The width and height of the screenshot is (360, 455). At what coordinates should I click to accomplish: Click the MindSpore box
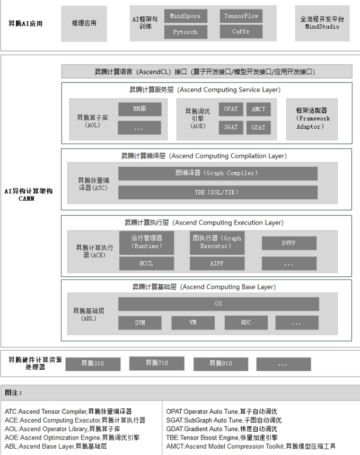pyautogui.click(x=186, y=16)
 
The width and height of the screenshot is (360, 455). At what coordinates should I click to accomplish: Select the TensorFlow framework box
pyautogui.click(x=241, y=16)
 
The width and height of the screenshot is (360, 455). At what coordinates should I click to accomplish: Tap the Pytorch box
pyautogui.click(x=186, y=32)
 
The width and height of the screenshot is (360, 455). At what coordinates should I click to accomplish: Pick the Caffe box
pyautogui.click(x=241, y=31)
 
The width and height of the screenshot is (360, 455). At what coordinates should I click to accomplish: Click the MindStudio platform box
pyautogui.click(x=322, y=23)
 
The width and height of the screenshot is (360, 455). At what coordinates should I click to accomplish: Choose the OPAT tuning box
pyautogui.click(x=231, y=109)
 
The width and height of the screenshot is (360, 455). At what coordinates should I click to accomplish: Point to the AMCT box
pyautogui.click(x=259, y=109)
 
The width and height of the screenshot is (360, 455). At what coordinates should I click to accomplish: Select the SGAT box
pyautogui.click(x=231, y=127)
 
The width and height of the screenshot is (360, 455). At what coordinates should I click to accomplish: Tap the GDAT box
pyautogui.click(x=259, y=127)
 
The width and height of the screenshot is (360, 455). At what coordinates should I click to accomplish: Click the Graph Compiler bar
pyautogui.click(x=217, y=173)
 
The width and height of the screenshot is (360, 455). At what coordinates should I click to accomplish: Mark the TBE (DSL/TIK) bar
pyautogui.click(x=217, y=192)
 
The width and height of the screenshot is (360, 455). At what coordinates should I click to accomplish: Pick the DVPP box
pyautogui.click(x=289, y=243)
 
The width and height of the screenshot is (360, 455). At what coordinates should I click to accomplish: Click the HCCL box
pyautogui.click(x=146, y=263)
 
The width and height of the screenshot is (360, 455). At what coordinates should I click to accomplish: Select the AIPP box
pyautogui.click(x=217, y=263)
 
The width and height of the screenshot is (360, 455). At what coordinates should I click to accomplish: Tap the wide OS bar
pyautogui.click(x=218, y=304)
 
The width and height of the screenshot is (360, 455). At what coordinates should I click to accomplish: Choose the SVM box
pyautogui.click(x=140, y=323)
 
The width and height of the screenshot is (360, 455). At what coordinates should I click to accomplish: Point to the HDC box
pyautogui.click(x=246, y=323)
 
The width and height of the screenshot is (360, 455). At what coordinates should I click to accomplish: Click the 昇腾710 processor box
pyautogui.click(x=157, y=363)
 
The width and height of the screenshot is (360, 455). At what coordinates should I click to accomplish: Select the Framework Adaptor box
pyautogui.click(x=312, y=119)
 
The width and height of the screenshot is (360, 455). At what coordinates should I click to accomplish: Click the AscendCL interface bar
pyautogui.click(x=207, y=72)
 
